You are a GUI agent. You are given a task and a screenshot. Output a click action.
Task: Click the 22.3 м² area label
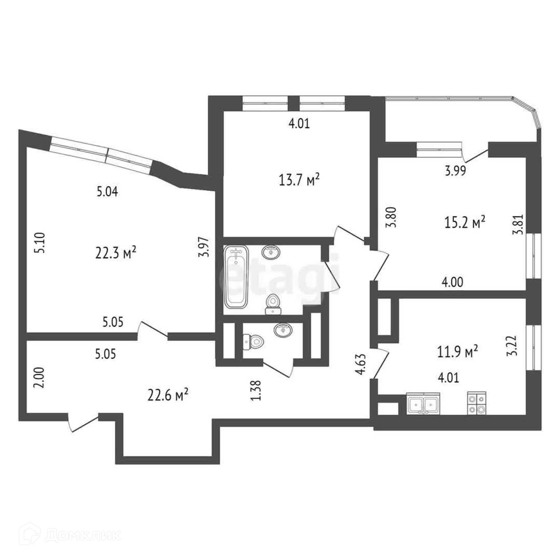click(x=116, y=253)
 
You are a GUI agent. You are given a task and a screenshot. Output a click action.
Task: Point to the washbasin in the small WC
click(x=283, y=330)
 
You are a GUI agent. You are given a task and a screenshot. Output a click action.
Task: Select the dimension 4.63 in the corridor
click(x=361, y=364)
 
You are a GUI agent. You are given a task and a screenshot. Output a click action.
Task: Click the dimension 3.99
click(x=455, y=170)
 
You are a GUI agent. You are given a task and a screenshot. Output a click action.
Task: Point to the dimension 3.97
click(x=205, y=247)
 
